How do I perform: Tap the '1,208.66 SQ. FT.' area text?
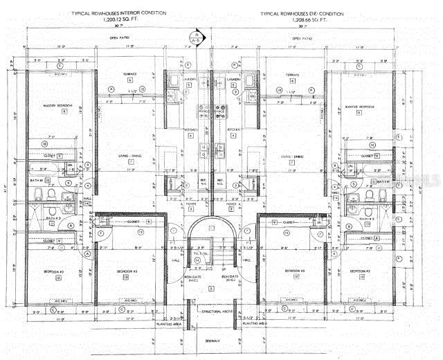(x=303, y=19)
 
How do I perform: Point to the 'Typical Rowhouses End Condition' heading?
(x=303, y=13)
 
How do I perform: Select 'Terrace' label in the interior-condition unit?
(x=129, y=74)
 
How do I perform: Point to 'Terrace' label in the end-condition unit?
(x=292, y=74)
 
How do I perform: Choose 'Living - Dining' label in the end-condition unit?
(x=292, y=157)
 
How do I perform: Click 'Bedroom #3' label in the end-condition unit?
(x=293, y=271)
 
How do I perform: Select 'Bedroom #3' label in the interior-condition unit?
(x=125, y=271)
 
